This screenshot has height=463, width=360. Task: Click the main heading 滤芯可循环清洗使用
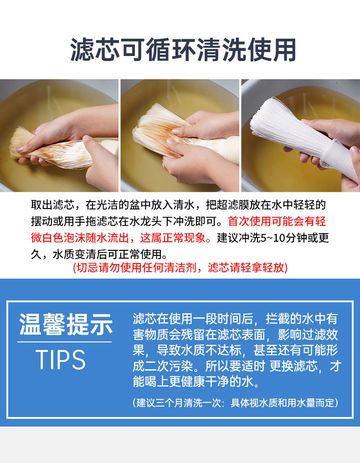(183, 51)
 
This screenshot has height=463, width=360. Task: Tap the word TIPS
(61, 360)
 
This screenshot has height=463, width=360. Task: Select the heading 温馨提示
(66, 325)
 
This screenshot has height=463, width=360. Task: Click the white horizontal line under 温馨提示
(65, 342)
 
